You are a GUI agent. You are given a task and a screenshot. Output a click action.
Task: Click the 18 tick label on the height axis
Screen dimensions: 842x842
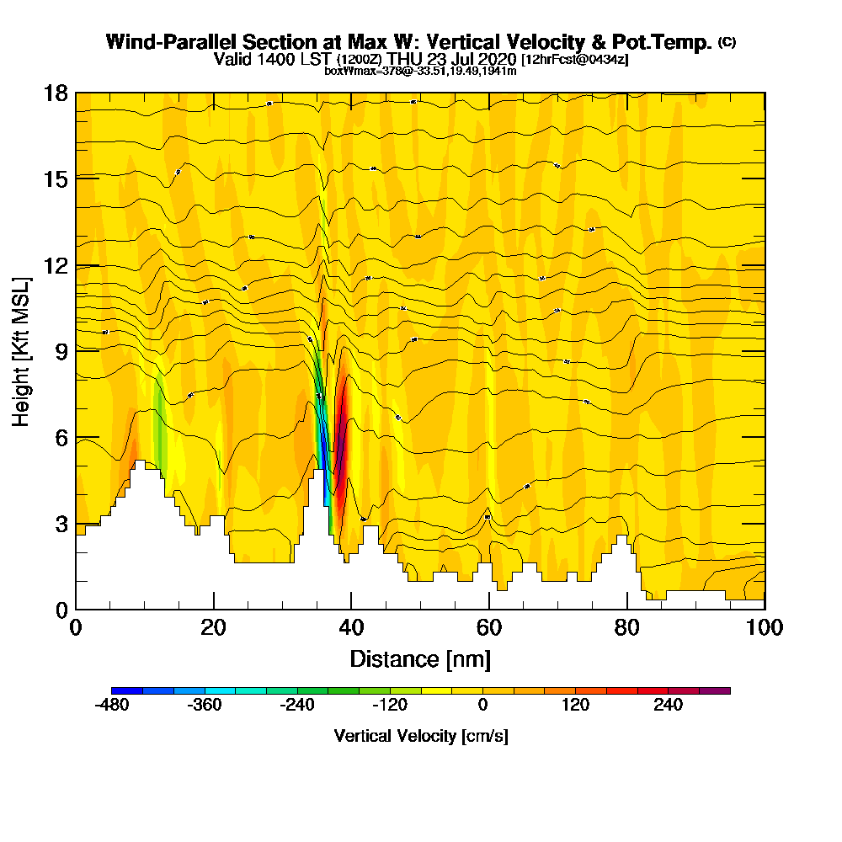point(56,93)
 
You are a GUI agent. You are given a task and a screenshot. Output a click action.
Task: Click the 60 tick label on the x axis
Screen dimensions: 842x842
point(489,628)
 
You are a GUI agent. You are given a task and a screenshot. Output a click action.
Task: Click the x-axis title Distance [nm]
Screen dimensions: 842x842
point(420,658)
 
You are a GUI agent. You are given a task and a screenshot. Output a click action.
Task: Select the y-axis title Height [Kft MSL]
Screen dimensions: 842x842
point(21,350)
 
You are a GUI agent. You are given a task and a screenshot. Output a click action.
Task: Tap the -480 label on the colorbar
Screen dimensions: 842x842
point(112,706)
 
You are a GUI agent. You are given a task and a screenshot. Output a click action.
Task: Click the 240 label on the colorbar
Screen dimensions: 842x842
point(668,706)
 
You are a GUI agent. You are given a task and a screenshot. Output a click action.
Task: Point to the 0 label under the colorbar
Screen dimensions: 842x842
point(482,706)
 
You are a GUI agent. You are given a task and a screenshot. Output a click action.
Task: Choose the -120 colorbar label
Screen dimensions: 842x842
point(390,706)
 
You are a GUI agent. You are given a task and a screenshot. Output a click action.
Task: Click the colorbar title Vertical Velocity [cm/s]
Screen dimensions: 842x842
point(421,736)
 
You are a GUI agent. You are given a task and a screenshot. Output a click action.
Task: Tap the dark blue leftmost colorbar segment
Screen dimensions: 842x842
point(127,690)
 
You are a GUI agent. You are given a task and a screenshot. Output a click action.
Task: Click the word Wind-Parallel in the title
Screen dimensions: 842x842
point(161,42)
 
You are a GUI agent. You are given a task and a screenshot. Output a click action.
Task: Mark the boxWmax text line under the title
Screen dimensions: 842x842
point(420,71)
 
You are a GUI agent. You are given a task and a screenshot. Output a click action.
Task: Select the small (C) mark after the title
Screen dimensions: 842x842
point(727,42)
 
